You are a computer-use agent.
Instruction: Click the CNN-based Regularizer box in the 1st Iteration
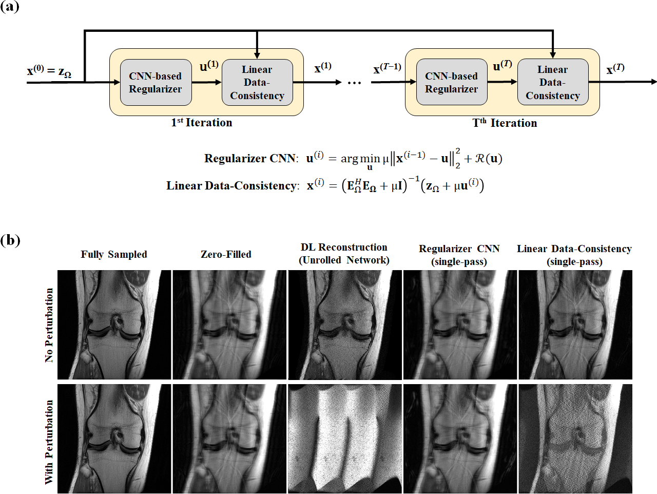click(155, 82)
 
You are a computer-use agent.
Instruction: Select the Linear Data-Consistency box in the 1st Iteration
click(257, 82)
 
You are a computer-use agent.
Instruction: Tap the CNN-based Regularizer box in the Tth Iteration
click(451, 82)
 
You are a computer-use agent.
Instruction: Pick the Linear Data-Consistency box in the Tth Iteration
click(552, 82)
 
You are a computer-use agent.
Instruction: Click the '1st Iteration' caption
click(202, 123)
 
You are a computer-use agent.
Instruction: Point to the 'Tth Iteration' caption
click(505, 123)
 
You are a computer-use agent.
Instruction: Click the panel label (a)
click(10, 7)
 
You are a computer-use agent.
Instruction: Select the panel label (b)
click(10, 240)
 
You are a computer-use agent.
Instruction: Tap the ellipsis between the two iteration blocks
click(354, 83)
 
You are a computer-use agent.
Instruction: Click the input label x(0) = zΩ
click(49, 71)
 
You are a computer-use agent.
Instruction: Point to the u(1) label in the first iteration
click(209, 66)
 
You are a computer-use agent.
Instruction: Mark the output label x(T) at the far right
click(615, 69)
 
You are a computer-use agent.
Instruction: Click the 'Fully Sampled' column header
click(114, 254)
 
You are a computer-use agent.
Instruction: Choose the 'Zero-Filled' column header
click(226, 254)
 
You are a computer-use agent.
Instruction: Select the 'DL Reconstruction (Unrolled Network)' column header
click(344, 254)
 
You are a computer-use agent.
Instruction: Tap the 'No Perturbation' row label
click(49, 325)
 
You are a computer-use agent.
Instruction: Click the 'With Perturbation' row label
click(49, 442)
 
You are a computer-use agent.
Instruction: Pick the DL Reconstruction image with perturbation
click(345, 439)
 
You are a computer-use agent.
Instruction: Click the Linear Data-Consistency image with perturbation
click(575, 439)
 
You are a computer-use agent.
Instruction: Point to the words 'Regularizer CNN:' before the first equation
click(250, 158)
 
